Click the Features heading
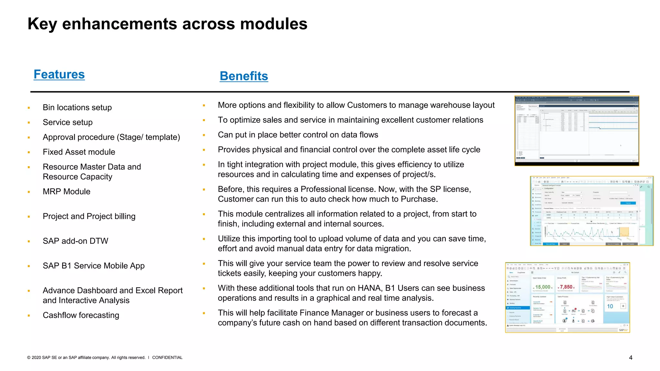[59, 74]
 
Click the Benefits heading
[244, 76]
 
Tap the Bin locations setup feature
[77, 108]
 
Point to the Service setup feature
[67, 122]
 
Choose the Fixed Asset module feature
[79, 152]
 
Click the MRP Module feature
[66, 192]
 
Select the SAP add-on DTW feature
[75, 241]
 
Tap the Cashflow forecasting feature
[81, 315]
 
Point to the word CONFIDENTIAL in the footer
[167, 357]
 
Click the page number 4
[631, 358]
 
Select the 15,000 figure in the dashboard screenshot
[543, 287]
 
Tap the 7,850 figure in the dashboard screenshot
[566, 287]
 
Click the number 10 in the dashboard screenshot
[610, 306]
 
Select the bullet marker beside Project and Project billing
[29, 217]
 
